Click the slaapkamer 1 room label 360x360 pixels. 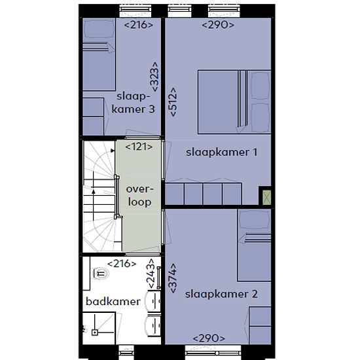[221, 153]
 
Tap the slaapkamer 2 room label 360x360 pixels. [221, 294]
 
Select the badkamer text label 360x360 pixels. [113, 302]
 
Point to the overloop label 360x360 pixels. [139, 196]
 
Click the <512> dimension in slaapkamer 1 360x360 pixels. [173, 102]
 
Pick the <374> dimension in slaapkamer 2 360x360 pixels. [173, 278]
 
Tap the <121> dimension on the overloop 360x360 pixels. [139, 147]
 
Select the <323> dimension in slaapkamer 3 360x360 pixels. [154, 77]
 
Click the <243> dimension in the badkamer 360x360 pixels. [152, 273]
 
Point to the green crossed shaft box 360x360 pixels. [267, 197]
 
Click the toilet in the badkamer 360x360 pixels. [101, 273]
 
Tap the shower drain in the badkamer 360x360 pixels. [95, 332]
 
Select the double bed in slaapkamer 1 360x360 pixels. [234, 102]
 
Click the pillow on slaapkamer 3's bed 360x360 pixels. [99, 28]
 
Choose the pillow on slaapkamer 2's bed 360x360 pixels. [255, 220]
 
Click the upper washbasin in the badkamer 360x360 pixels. [153, 301]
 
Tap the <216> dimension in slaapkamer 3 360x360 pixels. [139, 25]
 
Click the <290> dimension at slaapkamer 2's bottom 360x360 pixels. [209, 338]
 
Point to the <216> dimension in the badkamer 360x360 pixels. [122, 264]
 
